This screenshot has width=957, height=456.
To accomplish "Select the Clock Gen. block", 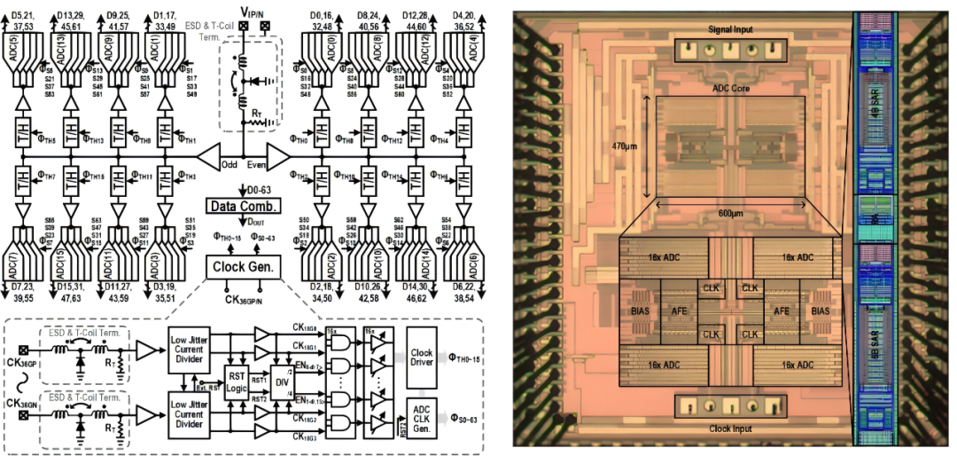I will point(241,265).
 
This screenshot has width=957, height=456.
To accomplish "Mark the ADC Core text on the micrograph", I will point(730,88).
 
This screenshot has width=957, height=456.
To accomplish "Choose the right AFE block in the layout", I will point(782,311).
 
